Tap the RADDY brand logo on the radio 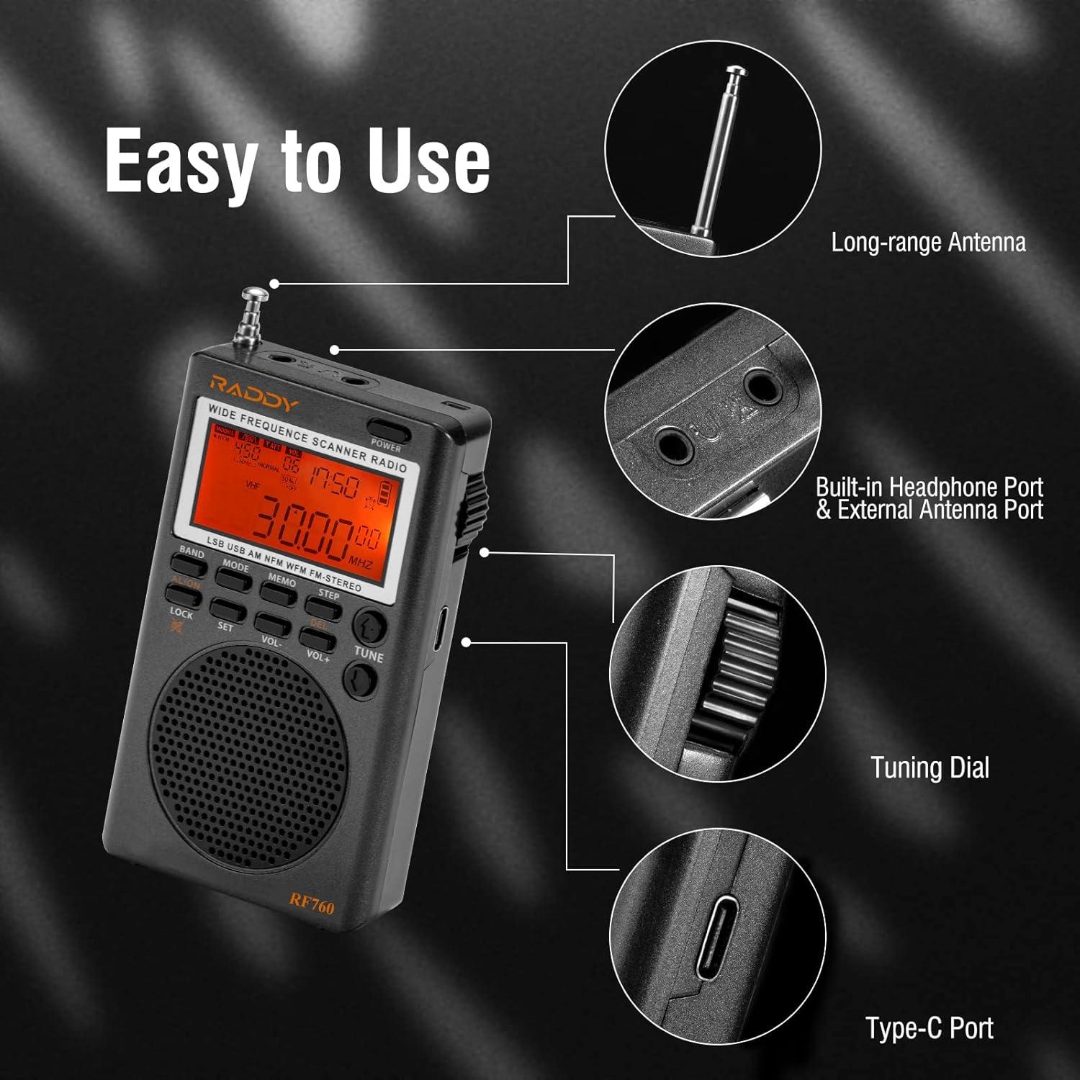pyautogui.click(x=253, y=395)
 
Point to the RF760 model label pyautogui.click(x=312, y=903)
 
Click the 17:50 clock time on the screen pyautogui.click(x=334, y=481)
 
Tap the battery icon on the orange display pyautogui.click(x=387, y=494)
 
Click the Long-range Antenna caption pyautogui.click(x=928, y=242)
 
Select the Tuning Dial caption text pyautogui.click(x=930, y=768)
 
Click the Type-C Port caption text pyautogui.click(x=930, y=1027)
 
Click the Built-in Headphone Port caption pyautogui.click(x=929, y=487)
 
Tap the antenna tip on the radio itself pyautogui.click(x=253, y=294)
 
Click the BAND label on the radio pyautogui.click(x=192, y=552)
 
